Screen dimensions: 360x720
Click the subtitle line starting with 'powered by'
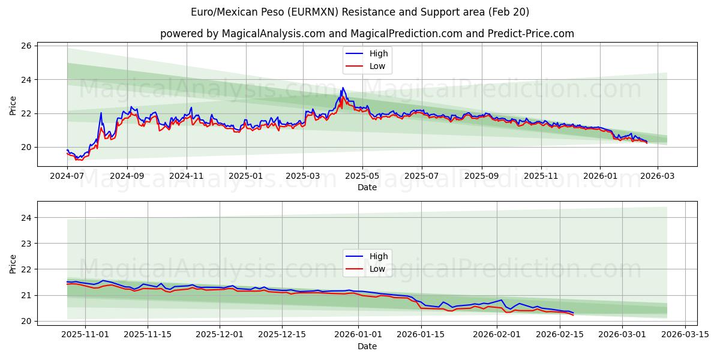point(367,34)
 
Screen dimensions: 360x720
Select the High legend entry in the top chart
point(379,53)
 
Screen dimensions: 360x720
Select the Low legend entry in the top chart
point(377,66)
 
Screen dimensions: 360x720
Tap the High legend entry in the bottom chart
point(379,256)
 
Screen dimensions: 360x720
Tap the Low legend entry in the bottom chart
point(377,269)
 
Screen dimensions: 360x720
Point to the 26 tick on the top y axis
point(26,46)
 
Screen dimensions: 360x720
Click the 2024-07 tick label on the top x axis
point(67,176)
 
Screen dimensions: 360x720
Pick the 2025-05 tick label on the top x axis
point(362,176)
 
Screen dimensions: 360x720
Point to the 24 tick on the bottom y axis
point(26,217)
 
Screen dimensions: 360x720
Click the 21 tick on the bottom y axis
point(26,295)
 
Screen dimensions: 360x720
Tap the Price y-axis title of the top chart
point(13,106)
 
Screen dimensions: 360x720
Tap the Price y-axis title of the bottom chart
point(13,263)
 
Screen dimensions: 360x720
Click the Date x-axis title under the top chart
point(367,187)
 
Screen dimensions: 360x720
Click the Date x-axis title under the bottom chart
point(367,346)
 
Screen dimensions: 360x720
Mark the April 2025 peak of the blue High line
point(343,88)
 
